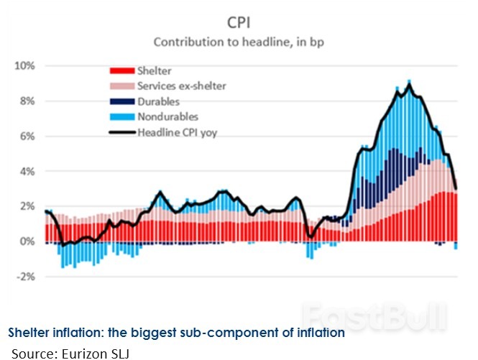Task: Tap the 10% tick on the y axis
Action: [x=25, y=66]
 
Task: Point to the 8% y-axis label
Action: [x=27, y=101]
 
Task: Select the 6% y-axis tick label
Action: [x=27, y=137]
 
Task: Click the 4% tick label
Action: [x=27, y=172]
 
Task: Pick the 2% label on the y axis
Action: [x=27, y=206]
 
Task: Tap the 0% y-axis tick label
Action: [x=27, y=241]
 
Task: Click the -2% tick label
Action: [x=25, y=277]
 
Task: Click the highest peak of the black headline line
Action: [x=409, y=84]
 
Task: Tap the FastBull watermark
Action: [x=374, y=315]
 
